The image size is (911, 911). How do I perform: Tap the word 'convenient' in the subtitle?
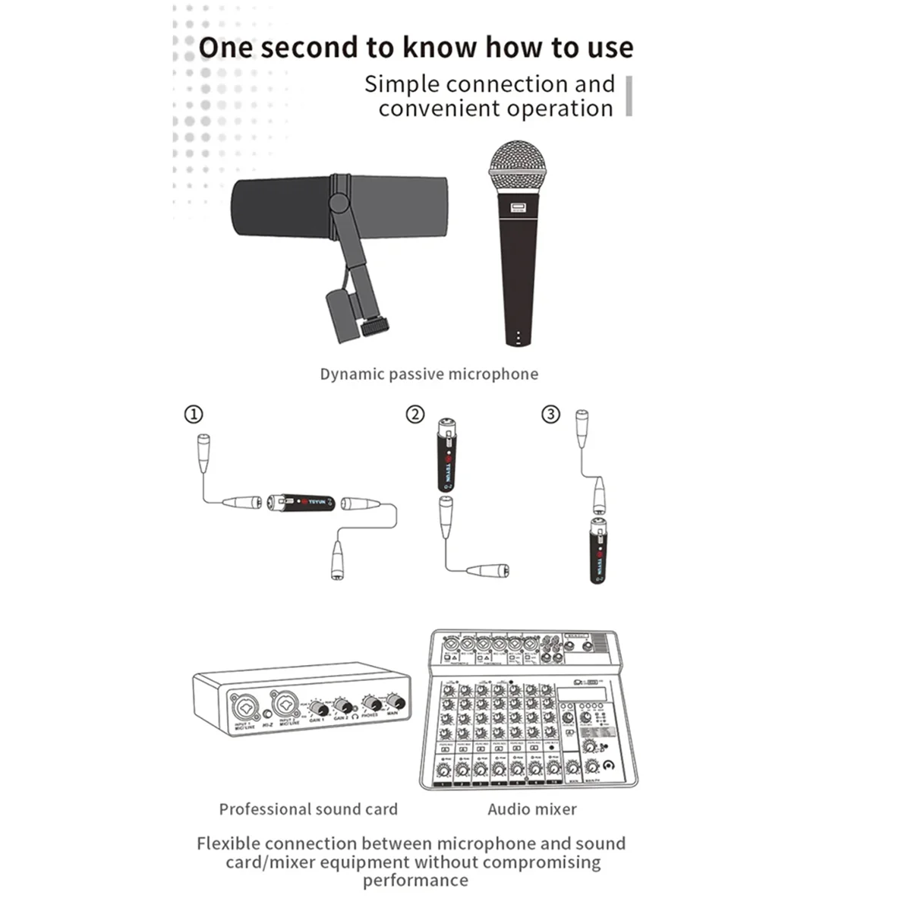point(439,109)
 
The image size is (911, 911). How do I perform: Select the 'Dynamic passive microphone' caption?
point(429,374)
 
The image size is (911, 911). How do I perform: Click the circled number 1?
point(194,415)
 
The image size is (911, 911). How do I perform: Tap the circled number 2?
point(415,415)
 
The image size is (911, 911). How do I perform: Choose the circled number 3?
point(550,415)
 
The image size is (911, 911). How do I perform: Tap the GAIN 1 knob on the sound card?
point(319,709)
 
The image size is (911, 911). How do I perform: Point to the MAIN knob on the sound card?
point(394,701)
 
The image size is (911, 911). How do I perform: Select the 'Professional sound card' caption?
point(308,809)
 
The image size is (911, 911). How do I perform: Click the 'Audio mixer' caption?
point(532,809)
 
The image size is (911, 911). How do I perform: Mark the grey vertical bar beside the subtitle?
point(629,96)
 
